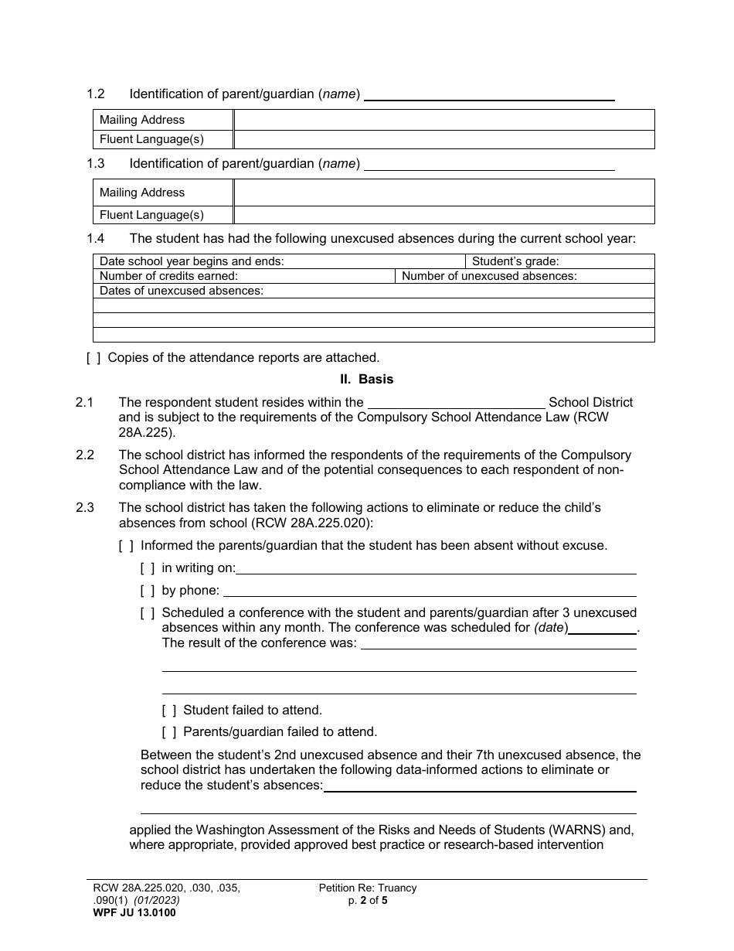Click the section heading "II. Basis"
[x=367, y=380]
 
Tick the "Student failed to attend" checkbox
[x=169, y=710]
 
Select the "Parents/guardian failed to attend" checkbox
[x=169, y=731]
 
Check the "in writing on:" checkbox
[x=148, y=568]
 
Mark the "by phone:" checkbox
[x=148, y=591]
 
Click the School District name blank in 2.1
[x=457, y=402]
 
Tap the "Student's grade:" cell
[x=559, y=261]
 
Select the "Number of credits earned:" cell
[x=243, y=276]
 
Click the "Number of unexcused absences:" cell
[x=525, y=276]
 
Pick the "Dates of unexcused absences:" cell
[x=373, y=291]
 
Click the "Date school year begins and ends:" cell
[x=279, y=261]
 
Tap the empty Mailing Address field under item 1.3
[x=443, y=193]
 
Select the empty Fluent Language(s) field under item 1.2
[x=443, y=140]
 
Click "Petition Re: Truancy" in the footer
[x=368, y=888]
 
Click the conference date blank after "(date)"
[x=603, y=629]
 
